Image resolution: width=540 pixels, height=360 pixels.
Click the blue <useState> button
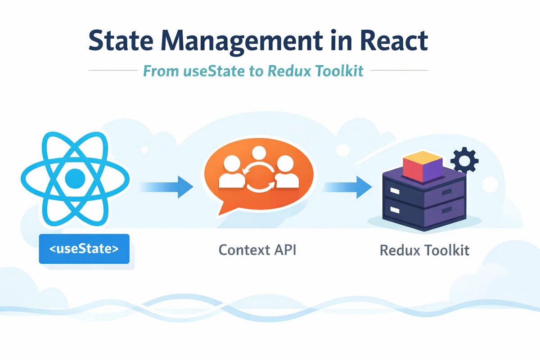click(84, 248)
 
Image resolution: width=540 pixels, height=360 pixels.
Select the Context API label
click(257, 249)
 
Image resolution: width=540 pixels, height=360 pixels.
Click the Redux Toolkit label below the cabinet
click(424, 250)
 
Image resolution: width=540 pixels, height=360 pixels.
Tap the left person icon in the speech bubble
click(230, 173)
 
